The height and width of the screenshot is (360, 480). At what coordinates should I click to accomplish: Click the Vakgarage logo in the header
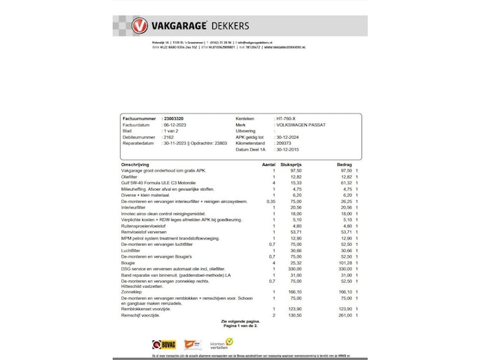click(140, 26)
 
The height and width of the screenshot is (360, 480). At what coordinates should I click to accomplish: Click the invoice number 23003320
click(174, 118)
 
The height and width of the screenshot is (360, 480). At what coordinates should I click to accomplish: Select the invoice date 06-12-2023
click(175, 125)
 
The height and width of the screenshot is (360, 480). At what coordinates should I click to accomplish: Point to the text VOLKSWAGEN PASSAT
click(301, 125)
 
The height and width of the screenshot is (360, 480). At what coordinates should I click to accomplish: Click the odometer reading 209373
click(284, 144)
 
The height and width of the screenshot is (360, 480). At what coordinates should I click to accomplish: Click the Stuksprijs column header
click(291, 164)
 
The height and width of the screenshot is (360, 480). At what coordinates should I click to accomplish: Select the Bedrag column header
click(344, 164)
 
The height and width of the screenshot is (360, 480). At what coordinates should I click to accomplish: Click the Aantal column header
click(268, 164)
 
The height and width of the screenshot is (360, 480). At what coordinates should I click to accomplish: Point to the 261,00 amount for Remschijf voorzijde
click(345, 315)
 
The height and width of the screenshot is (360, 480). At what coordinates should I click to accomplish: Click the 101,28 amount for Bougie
click(345, 263)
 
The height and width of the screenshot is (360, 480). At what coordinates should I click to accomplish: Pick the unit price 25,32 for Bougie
click(296, 263)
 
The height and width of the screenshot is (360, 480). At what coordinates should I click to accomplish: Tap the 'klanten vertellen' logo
click(221, 344)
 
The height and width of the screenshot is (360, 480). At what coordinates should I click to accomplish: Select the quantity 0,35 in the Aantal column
click(271, 201)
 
